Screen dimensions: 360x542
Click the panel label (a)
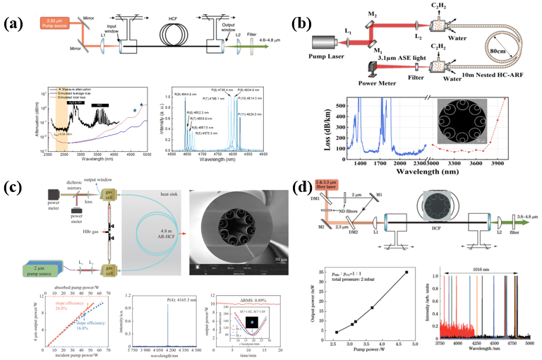pos(14,24)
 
